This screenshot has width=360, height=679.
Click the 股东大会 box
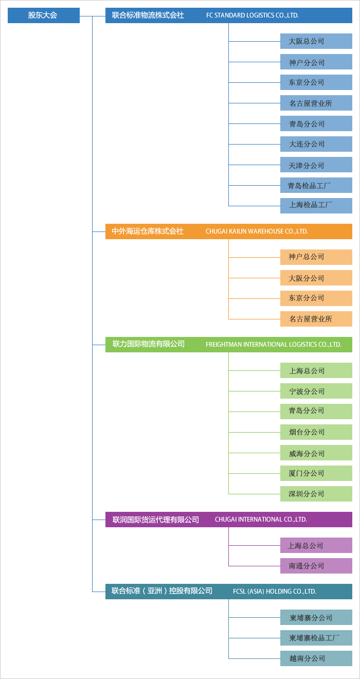(44, 15)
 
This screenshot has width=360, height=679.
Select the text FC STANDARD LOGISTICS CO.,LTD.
(253, 15)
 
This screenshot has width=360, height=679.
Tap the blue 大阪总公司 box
(316, 41)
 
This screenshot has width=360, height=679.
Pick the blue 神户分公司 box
(316, 62)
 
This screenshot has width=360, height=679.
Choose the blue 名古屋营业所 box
(316, 103)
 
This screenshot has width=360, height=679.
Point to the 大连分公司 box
(316, 144)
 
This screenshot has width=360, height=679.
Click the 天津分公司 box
(316, 165)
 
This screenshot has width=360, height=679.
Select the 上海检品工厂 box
(316, 206)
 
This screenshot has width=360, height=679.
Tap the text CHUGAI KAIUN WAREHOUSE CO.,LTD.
(257, 231)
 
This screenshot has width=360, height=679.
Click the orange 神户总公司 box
(316, 257)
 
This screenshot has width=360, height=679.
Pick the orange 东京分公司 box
(316, 298)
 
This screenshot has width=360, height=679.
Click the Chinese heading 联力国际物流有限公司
(149, 344)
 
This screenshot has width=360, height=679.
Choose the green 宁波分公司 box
(316, 391)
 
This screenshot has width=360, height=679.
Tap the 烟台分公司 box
(316, 432)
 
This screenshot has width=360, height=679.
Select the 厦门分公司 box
(316, 473)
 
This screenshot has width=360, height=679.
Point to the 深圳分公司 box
(316, 494)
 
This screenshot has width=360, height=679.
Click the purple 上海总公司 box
(316, 545)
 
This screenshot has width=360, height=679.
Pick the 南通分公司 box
(316, 566)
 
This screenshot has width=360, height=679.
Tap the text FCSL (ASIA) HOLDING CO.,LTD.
(275, 592)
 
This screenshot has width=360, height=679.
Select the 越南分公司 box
(316, 658)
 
